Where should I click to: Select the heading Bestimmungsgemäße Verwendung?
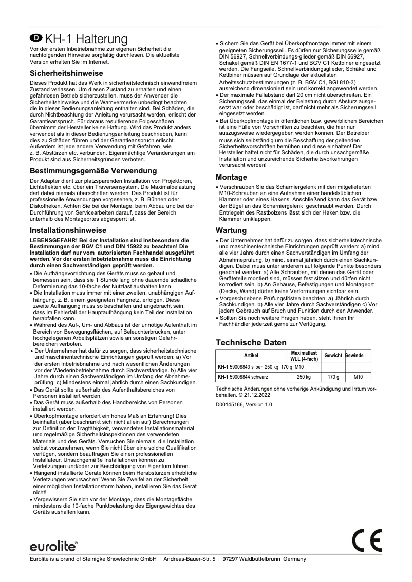tap(93, 170)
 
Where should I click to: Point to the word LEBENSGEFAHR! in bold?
tap(50, 240)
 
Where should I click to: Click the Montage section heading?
tap(232, 177)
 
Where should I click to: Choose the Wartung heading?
tap(231, 230)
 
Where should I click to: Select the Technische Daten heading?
tap(251, 342)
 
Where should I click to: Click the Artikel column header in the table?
tap(249, 356)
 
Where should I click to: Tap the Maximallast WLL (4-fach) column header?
tap(304, 356)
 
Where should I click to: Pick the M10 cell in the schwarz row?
tap(358, 377)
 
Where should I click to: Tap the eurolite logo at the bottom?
tap(53, 546)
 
